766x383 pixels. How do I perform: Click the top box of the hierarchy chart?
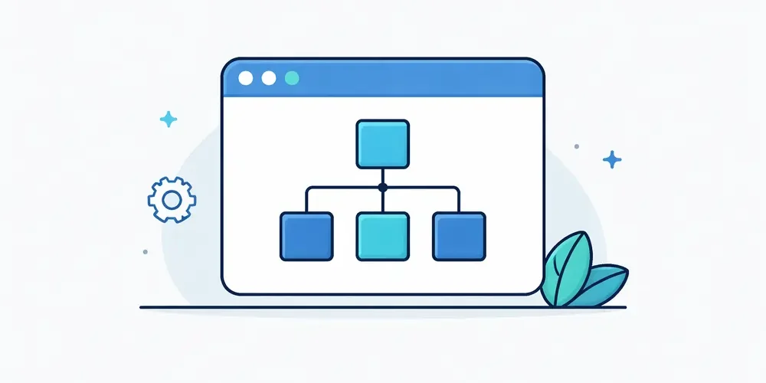click(x=383, y=143)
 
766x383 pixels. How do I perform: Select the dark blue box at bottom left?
click(x=306, y=236)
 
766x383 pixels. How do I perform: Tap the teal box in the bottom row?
click(x=383, y=236)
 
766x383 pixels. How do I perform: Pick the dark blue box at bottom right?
click(x=459, y=236)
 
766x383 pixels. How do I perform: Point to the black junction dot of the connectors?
click(x=383, y=186)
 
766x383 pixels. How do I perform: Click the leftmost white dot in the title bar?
click(x=246, y=78)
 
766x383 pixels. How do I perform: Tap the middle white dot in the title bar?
click(x=269, y=78)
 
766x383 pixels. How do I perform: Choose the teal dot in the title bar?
click(x=292, y=78)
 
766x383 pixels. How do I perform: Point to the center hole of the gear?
click(x=172, y=200)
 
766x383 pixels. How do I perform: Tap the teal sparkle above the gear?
click(x=168, y=119)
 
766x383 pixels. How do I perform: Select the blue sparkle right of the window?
click(x=612, y=159)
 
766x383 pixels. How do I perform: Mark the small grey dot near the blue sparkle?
click(x=577, y=146)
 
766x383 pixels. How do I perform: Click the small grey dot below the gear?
click(x=146, y=251)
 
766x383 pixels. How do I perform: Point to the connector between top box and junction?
click(x=383, y=175)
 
